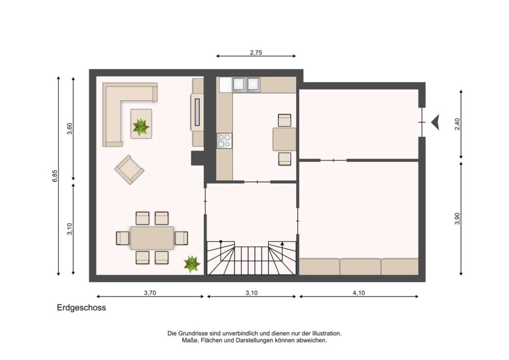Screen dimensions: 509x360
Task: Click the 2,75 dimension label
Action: pyautogui.click(x=256, y=52)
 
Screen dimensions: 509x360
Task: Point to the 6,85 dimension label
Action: pyautogui.click(x=55, y=176)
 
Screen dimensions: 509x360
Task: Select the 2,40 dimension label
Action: pyautogui.click(x=457, y=124)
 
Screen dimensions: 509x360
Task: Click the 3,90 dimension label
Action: pyautogui.click(x=457, y=218)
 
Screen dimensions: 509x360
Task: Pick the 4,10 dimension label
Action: pyautogui.click(x=359, y=293)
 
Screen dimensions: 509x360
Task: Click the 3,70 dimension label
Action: pyautogui.click(x=150, y=293)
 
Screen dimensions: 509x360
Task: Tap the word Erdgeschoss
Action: pyautogui.click(x=82, y=308)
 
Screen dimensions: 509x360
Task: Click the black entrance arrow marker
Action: pyautogui.click(x=435, y=122)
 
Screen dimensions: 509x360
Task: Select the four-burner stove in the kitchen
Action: pyautogui.click(x=224, y=141)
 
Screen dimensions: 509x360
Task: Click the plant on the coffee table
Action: pyautogui.click(x=141, y=127)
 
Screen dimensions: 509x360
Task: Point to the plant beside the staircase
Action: pyautogui.click(x=191, y=263)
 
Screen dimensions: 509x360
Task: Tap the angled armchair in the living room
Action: pyautogui.click(x=129, y=170)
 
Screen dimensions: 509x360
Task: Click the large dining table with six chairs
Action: pyautogui.click(x=152, y=238)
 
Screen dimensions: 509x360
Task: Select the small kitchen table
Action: pyautogui.click(x=284, y=139)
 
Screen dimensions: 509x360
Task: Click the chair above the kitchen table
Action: pyautogui.click(x=285, y=120)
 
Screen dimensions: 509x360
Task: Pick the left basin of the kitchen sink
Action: pyautogui.click(x=239, y=84)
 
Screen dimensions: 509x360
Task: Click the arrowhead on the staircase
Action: pyautogui.click(x=282, y=243)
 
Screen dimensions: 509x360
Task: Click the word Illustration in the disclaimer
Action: pyautogui.click(x=327, y=333)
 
